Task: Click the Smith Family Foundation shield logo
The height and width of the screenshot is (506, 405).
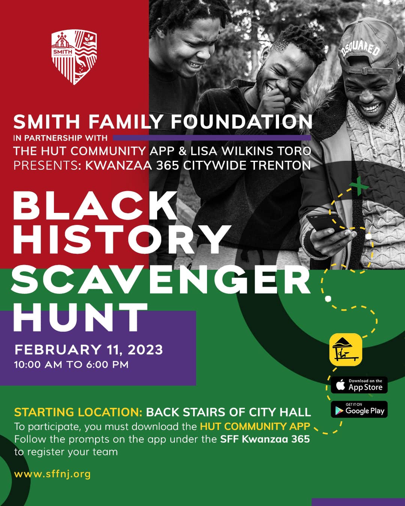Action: click(74, 57)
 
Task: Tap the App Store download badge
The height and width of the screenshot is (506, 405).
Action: click(359, 385)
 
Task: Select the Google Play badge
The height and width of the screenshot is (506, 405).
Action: click(359, 410)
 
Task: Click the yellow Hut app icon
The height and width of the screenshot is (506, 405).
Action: click(345, 349)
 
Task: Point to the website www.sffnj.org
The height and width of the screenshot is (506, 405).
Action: click(52, 474)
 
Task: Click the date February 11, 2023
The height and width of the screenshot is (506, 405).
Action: click(88, 350)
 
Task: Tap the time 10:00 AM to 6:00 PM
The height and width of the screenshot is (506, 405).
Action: click(71, 364)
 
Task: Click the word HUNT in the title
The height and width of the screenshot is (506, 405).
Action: click(81, 317)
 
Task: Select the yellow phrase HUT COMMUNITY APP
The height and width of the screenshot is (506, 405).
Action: click(255, 427)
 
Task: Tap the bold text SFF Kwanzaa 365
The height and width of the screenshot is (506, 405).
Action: click(265, 439)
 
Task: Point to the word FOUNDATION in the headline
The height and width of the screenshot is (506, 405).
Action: click(241, 121)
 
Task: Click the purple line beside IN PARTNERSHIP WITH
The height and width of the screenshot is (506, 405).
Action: click(212, 138)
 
